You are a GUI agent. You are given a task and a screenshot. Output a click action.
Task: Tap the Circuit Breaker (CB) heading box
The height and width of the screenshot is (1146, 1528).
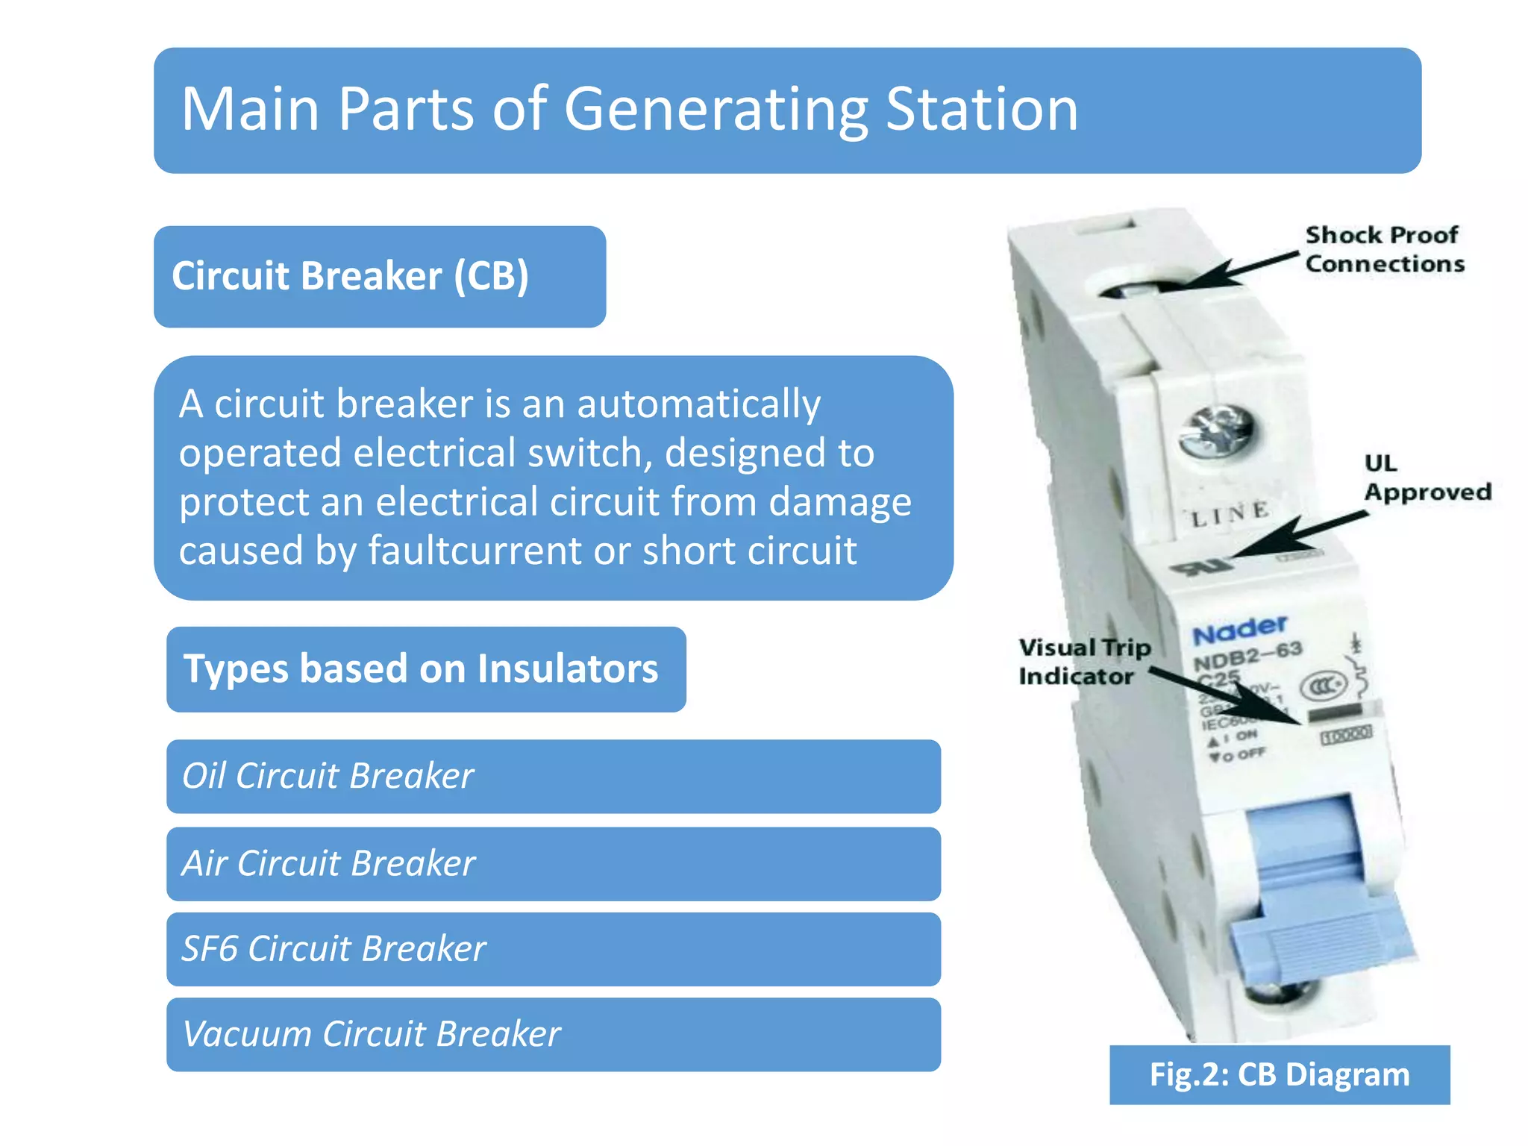pyautogui.click(x=379, y=277)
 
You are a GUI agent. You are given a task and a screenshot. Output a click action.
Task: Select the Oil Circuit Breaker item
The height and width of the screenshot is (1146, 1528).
pyautogui.click(x=552, y=776)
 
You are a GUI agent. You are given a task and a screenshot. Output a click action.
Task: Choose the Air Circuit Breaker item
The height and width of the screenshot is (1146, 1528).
pyautogui.click(x=552, y=863)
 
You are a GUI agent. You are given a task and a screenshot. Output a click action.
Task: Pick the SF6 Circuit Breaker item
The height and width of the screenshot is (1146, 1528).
pyautogui.click(x=552, y=949)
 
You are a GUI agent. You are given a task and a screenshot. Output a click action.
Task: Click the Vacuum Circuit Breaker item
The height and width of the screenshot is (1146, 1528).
pyautogui.click(x=552, y=1034)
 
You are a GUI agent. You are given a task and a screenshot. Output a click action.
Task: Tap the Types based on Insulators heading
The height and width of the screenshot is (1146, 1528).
pyautogui.click(x=425, y=668)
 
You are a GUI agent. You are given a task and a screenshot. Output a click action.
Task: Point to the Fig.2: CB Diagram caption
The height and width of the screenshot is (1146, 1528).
pyautogui.click(x=1279, y=1074)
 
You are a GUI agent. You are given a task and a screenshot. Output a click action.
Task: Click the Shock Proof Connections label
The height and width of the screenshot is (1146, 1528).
pyautogui.click(x=1384, y=249)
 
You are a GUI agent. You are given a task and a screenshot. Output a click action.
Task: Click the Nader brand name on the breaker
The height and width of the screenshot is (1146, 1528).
pyautogui.click(x=1239, y=630)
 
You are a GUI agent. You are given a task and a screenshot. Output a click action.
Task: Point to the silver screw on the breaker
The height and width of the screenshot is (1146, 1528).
pyautogui.click(x=1215, y=432)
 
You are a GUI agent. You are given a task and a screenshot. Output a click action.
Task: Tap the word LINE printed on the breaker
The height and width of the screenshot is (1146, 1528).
pyautogui.click(x=1230, y=513)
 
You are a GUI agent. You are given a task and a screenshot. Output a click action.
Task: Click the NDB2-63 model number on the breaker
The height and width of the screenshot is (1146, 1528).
pyautogui.click(x=1247, y=656)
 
